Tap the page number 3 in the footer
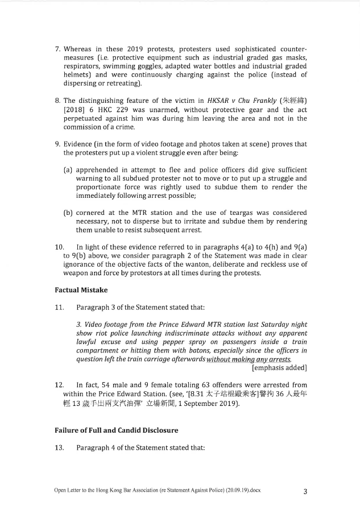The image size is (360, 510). click(x=305, y=492)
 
